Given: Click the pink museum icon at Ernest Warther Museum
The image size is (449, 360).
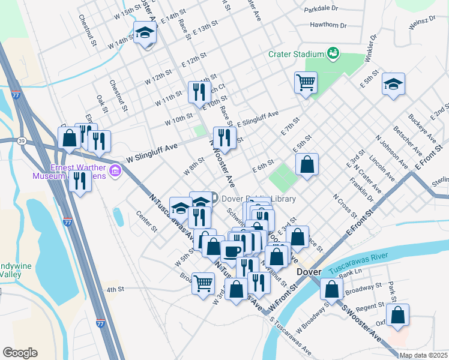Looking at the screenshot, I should click(x=116, y=173).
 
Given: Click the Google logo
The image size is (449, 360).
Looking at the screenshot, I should click(x=20, y=353).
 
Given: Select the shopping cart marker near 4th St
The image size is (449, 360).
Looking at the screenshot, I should click(x=203, y=281).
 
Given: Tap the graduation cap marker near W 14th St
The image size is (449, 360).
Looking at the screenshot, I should click(x=145, y=34).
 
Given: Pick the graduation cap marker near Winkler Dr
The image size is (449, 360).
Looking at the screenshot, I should click(x=393, y=84).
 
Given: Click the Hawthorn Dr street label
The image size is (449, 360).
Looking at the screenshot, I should click(x=328, y=25).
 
